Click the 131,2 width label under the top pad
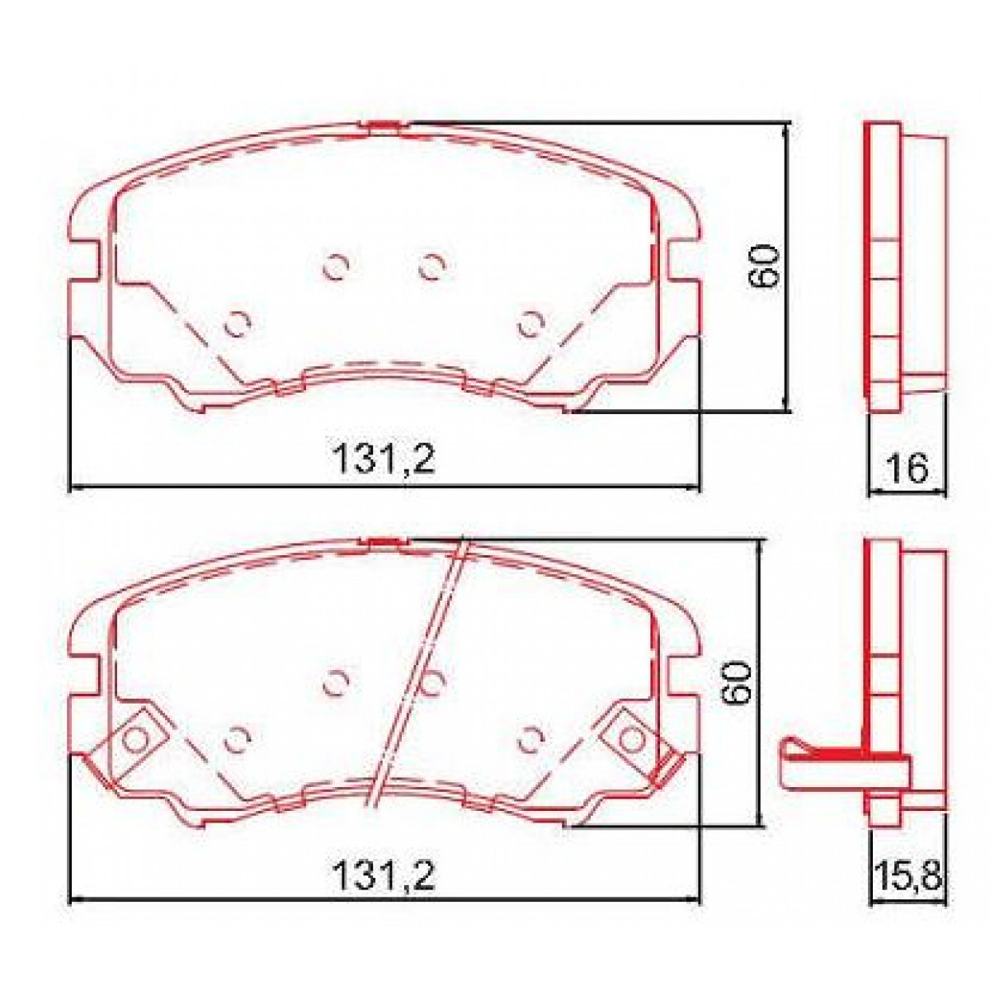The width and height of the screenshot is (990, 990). click(383, 460)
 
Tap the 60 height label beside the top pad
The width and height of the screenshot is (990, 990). click(763, 266)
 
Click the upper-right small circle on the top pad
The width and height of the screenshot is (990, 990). click(431, 266)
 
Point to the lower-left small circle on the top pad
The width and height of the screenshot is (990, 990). click(238, 324)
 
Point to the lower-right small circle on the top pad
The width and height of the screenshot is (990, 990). click(530, 324)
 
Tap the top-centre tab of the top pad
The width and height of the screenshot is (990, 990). click(383, 126)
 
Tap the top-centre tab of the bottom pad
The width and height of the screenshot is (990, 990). click(383, 542)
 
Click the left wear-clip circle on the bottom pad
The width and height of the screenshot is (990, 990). click(133, 739)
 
